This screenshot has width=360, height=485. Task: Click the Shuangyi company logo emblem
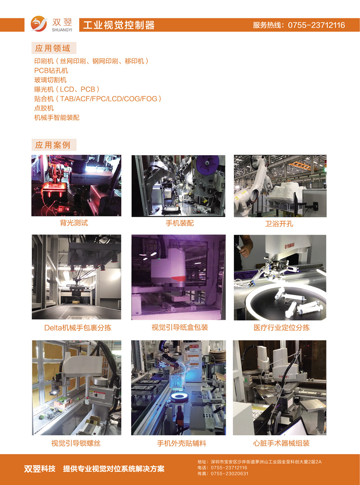tap(38, 24)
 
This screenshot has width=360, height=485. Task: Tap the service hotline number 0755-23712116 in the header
tap(317, 25)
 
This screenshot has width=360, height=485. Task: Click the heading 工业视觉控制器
tap(119, 25)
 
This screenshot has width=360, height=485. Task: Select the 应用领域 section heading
tap(53, 48)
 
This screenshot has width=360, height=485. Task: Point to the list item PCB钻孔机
tap(51, 70)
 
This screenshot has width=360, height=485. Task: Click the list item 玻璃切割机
tap(50, 80)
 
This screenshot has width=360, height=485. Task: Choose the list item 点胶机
tap(44, 108)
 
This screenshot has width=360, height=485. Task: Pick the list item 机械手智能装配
tap(57, 118)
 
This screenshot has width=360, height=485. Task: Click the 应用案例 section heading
tap(53, 145)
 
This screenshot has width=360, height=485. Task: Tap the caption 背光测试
tap(74, 223)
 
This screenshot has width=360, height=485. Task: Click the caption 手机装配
tap(180, 223)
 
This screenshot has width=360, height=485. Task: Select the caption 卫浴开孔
tap(279, 223)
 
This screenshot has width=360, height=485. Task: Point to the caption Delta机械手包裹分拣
tap(78, 328)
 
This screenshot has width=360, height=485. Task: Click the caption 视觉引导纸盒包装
tap(180, 327)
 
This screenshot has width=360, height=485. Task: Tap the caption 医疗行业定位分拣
tap(281, 328)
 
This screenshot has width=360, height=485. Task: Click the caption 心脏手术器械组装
tap(281, 443)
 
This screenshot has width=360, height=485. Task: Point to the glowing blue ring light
tap(178, 399)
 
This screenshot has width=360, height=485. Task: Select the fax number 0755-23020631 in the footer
tap(230, 473)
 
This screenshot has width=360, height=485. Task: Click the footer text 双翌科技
tap(40, 468)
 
